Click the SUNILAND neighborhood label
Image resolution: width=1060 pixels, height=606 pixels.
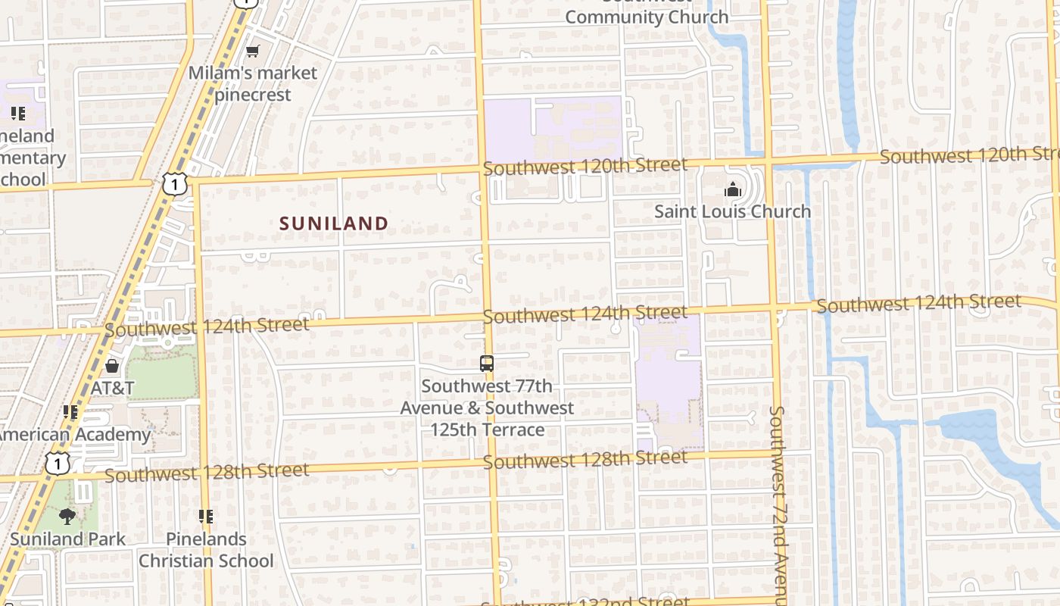pyautogui.click(x=334, y=223)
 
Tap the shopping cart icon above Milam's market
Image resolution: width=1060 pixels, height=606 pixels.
pyautogui.click(x=252, y=51)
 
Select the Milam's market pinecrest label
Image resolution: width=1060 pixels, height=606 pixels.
pyautogui.click(x=253, y=84)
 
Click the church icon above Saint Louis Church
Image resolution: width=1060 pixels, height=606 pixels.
pyautogui.click(x=732, y=189)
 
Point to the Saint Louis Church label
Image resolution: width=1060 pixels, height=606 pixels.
pyautogui.click(x=732, y=211)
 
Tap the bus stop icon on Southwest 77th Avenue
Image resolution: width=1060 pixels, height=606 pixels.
pyautogui.click(x=487, y=364)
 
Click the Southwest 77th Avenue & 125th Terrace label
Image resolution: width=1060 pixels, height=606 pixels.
pyautogui.click(x=487, y=408)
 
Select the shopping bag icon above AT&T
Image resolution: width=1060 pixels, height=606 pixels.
pyautogui.click(x=112, y=367)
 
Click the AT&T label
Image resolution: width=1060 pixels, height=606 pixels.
pyautogui.click(x=113, y=389)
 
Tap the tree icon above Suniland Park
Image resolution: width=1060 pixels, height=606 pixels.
pyautogui.click(x=67, y=517)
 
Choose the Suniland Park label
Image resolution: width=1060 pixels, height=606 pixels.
pyautogui.click(x=67, y=539)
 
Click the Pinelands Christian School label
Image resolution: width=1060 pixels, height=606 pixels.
pyautogui.click(x=206, y=550)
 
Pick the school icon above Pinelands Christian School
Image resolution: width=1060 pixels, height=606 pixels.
pyautogui.click(x=206, y=517)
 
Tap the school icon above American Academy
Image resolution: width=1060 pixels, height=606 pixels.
pyautogui.click(x=71, y=412)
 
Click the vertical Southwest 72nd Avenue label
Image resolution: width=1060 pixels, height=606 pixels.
pyautogui.click(x=778, y=504)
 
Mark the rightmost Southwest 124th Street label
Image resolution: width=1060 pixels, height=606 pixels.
pyautogui.click(x=918, y=304)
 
